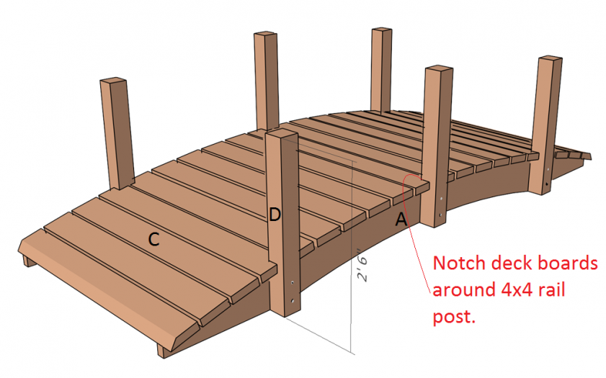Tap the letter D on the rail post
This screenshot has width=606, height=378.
[275, 214]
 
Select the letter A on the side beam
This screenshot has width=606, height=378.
[401, 220]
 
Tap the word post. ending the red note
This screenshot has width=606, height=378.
[454, 317]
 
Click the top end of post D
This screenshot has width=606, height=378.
[282, 135]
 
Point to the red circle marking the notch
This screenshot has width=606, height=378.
[411, 180]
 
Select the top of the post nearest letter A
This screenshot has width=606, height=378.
[438, 70]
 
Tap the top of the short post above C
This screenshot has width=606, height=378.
[112, 81]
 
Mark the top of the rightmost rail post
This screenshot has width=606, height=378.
[548, 60]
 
